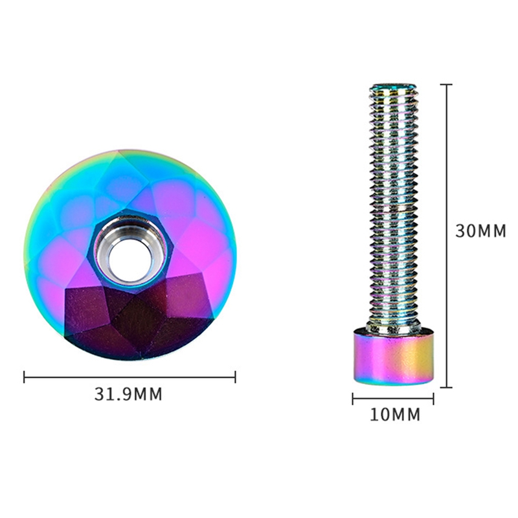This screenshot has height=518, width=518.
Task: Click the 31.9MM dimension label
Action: tap(128, 394)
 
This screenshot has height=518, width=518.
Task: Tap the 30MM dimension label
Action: tap(480, 231)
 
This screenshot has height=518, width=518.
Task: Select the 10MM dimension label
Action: tap(395, 414)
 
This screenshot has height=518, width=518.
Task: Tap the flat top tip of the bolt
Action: tap(393, 87)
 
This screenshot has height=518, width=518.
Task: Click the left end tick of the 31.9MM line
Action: tap(24, 377)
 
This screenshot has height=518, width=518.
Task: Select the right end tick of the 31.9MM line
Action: tap(235, 377)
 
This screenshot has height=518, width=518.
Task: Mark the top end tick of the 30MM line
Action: tap(446, 85)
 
